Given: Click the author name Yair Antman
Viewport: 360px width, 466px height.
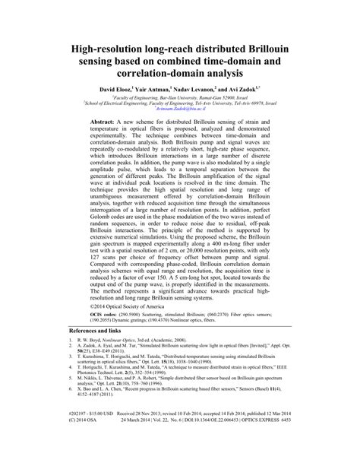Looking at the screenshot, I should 160,88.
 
